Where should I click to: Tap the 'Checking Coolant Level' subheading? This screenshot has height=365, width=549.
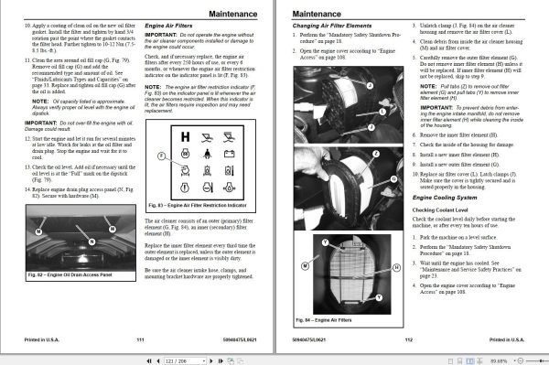point(446,210)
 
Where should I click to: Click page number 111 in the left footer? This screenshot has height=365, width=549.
point(140,338)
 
